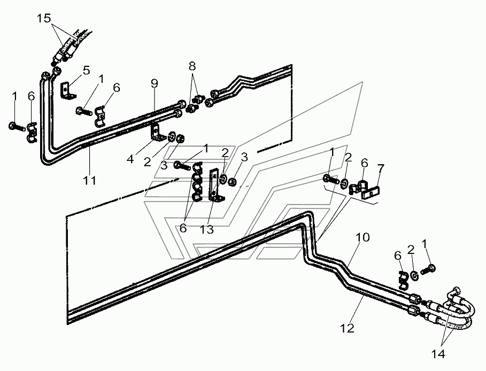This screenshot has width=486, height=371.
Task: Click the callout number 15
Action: [44, 18]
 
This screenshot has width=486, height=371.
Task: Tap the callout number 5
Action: [86, 71]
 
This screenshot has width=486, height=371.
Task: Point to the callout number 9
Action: [155, 83]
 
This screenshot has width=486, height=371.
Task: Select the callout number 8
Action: [192, 66]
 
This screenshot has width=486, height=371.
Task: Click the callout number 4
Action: [130, 159]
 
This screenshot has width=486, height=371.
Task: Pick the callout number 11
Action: [90, 180]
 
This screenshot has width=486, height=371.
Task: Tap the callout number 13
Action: [207, 230]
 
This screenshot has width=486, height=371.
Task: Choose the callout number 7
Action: [380, 168]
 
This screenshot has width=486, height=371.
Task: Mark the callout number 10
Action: [362, 237]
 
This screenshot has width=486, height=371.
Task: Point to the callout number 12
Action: [347, 328]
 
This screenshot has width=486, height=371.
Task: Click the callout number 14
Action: [438, 354]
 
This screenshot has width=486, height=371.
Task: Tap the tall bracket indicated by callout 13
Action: [215, 185]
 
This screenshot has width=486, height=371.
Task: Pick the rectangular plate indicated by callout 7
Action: [371, 192]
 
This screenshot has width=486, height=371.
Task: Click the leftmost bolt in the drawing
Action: [17, 127]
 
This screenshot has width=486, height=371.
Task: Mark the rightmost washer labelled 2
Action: [414, 275]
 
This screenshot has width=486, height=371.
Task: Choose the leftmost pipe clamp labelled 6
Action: [32, 133]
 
